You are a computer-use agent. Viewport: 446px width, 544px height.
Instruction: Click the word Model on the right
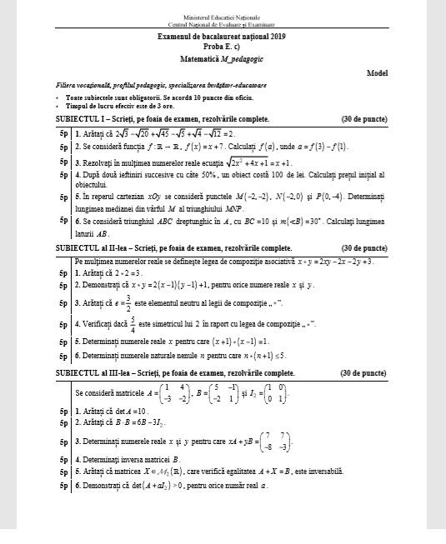378,73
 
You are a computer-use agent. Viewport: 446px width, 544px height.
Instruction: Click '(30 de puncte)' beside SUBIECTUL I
364,120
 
